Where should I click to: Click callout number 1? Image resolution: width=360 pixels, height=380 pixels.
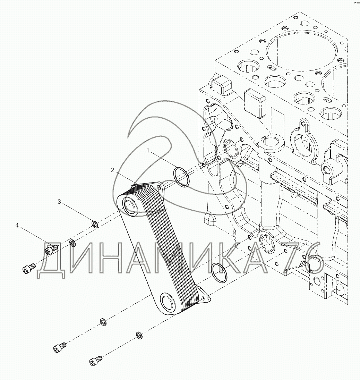click(x=148, y=151)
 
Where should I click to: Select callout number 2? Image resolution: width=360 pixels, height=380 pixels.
click(x=113, y=170)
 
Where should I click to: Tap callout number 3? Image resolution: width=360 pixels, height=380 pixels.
click(x=59, y=202)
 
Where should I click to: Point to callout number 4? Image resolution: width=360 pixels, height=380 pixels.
click(x=17, y=226)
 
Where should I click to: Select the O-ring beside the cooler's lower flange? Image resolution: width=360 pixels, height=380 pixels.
click(x=219, y=272)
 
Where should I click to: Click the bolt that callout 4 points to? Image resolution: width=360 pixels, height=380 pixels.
click(x=51, y=249)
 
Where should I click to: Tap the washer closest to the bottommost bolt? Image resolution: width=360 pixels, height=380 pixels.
click(x=139, y=335)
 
